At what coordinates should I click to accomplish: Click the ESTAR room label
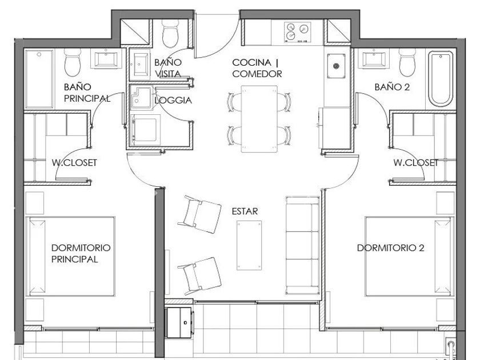pyautogui.click(x=245, y=211)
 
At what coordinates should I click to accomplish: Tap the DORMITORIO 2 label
pyautogui.click(x=391, y=247)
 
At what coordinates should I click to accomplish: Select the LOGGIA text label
pyautogui.click(x=173, y=100)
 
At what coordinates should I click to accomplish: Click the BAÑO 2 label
pyautogui.click(x=392, y=87)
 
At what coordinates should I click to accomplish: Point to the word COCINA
pyautogui.click(x=251, y=62)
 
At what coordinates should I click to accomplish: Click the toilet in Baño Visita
pyautogui.click(x=170, y=33)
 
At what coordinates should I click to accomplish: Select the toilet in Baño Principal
pyautogui.click(x=73, y=62)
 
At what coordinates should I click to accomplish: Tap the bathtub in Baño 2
pyautogui.click(x=441, y=79)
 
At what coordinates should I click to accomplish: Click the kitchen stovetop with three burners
pyautogui.click(x=297, y=31)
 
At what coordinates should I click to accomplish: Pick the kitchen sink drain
pyautogui.click(x=336, y=66)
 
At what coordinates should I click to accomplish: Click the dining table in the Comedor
pyautogui.click(x=259, y=119)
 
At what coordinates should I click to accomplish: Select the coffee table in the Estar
pyautogui.click(x=249, y=245)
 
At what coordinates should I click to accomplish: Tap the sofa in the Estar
pyautogui.click(x=302, y=245)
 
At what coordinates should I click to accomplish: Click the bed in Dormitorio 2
pyautogui.click(x=410, y=257)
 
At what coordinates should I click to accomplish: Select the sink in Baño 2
pyautogui.click(x=374, y=59)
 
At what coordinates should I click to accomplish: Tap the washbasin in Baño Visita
pyautogui.click(x=140, y=64)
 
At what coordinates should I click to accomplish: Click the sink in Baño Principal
pyautogui.click(x=106, y=59)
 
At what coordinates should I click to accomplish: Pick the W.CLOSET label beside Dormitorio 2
pyautogui.click(x=416, y=162)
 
